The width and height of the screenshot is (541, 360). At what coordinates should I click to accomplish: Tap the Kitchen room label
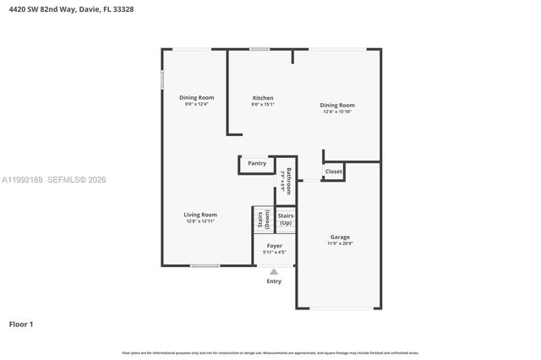[263, 98]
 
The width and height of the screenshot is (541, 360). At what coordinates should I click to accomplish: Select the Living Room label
[200, 215]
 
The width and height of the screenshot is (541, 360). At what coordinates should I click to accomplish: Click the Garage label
[340, 237]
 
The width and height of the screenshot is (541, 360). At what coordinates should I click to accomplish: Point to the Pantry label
[257, 163]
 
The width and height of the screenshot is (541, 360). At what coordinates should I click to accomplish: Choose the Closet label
[334, 171]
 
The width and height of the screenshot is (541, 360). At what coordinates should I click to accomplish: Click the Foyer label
[274, 245]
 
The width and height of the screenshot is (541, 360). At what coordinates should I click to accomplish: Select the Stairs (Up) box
[286, 219]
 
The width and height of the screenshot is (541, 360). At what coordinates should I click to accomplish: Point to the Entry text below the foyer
[274, 281]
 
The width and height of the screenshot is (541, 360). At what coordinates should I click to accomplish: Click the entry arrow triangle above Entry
[274, 271]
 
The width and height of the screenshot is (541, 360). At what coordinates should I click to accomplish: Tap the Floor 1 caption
[21, 324]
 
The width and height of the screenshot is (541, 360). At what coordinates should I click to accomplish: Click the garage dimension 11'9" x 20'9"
[340, 244]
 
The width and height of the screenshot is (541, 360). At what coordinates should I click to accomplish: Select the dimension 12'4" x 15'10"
[336, 112]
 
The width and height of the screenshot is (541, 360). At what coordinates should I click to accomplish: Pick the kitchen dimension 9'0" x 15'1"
[263, 105]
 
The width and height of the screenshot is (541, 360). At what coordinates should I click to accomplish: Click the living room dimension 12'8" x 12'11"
[200, 221]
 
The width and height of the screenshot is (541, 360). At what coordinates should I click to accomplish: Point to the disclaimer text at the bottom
[270, 352]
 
